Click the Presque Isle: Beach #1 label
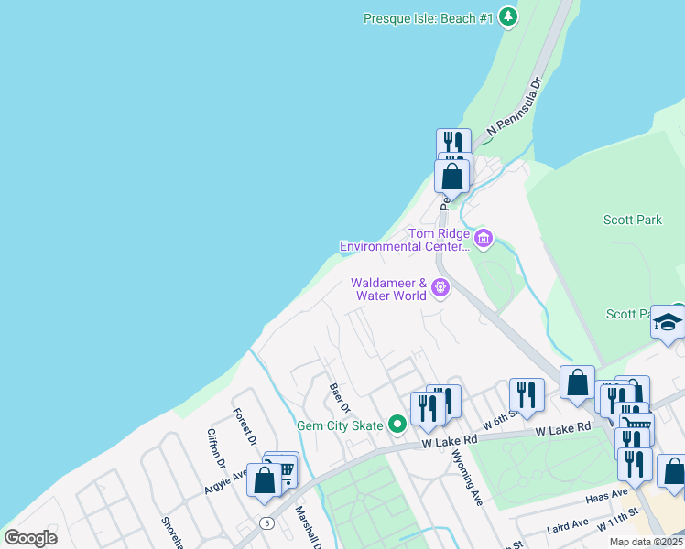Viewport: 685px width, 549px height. coord(428,17)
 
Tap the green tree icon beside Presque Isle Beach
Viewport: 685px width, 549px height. coord(508,17)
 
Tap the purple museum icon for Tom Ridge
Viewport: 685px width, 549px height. coord(484,240)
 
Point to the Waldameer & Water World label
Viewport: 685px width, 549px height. coord(389,289)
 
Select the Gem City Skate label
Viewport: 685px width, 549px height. coord(341,425)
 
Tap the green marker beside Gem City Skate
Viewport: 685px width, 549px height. coord(397,425)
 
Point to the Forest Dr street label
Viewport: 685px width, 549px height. coord(244,426)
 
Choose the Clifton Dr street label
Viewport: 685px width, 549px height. coord(216,448)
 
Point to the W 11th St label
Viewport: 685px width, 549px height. coord(618,524)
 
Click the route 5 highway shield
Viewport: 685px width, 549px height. coord(266,522)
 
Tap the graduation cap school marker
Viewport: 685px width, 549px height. coord(669,322)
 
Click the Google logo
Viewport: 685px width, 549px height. coord(30,538)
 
